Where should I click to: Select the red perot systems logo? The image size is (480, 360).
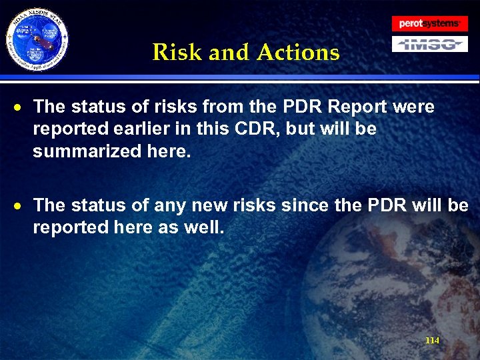(429, 23)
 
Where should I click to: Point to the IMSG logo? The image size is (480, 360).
(429, 44)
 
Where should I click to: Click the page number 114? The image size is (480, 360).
(432, 341)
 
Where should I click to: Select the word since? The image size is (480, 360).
(303, 205)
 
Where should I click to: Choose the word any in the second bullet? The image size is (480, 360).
(169, 205)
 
